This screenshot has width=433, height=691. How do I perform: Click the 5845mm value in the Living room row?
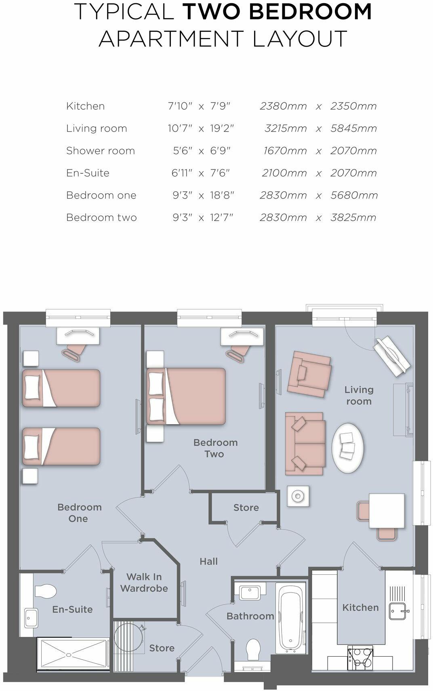(x=353, y=128)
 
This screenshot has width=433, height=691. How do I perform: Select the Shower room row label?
(x=100, y=151)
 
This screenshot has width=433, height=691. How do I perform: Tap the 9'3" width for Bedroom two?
(x=182, y=218)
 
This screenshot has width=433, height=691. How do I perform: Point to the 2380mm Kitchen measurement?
(x=283, y=106)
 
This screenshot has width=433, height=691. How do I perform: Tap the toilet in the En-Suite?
(x=45, y=591)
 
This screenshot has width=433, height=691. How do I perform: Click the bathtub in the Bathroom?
(x=290, y=618)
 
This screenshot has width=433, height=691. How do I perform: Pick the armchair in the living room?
(x=309, y=373)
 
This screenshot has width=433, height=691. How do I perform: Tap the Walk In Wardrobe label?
(x=144, y=582)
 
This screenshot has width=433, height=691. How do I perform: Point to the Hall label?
(x=208, y=561)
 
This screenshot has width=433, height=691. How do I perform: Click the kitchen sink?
(x=398, y=611)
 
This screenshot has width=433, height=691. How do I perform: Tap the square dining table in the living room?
(x=387, y=511)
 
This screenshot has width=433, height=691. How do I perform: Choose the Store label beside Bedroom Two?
(x=246, y=507)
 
